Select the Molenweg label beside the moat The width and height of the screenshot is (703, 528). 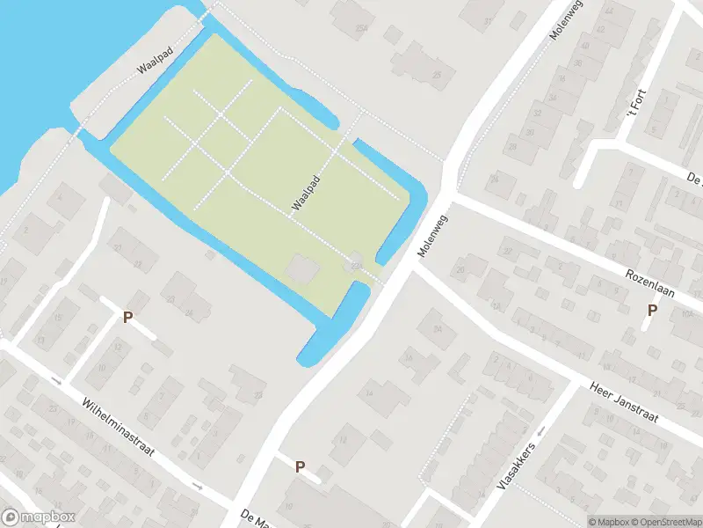pyautogui.click(x=433, y=236)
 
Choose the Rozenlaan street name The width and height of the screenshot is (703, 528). pyautogui.click(x=649, y=283)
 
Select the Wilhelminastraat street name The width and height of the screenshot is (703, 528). pyautogui.click(x=117, y=429)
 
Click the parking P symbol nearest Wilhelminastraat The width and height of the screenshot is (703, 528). pyautogui.click(x=127, y=318)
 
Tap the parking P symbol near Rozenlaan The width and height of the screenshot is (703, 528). pyautogui.click(x=652, y=311)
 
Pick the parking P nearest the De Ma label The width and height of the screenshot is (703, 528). pyautogui.click(x=300, y=467)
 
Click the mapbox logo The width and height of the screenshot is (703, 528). pyautogui.click(x=39, y=517)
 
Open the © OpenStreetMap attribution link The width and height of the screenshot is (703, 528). pyautogui.click(x=665, y=521)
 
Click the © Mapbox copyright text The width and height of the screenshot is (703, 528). pyautogui.click(x=607, y=521)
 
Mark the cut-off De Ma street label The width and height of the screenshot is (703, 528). pyautogui.click(x=254, y=517)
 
